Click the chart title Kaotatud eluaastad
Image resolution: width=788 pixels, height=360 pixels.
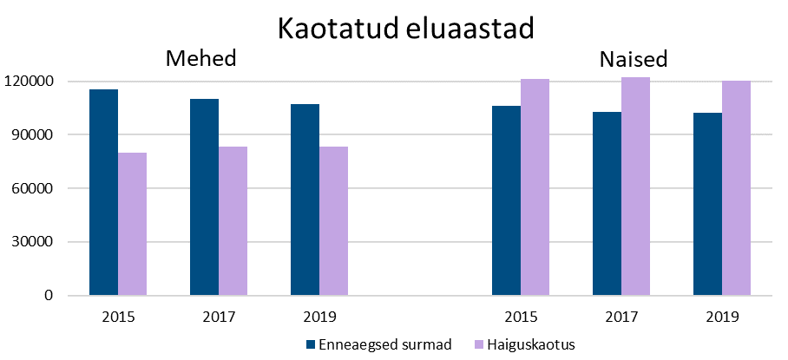[404, 28]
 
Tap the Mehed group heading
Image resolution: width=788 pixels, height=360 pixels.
[201, 59]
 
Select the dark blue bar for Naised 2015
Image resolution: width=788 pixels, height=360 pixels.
[506, 200]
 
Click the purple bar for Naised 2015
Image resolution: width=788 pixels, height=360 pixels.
[535, 187]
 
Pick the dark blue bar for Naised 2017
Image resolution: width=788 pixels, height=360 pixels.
[607, 204]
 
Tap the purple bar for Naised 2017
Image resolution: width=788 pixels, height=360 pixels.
[635, 187]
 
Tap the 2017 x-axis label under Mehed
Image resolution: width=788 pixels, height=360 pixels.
[219, 316]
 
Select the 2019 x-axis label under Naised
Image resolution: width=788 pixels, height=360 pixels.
[722, 316]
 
